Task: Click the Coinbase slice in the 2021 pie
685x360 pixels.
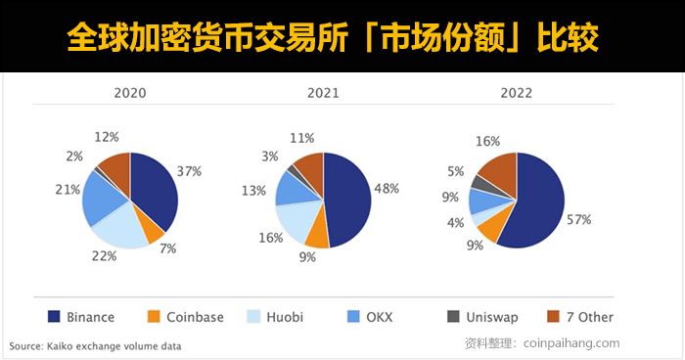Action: coord(316,231)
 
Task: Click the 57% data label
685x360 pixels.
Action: coord(578,219)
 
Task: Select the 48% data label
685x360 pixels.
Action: coord(386,188)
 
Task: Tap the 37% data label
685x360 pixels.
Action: coord(189,170)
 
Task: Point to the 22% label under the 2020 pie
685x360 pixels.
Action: coord(105,255)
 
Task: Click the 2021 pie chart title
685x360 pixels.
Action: coord(322,94)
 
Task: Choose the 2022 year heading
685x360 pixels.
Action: coord(516,94)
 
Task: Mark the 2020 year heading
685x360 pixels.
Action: coord(130,94)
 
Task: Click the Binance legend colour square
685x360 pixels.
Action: coord(54,317)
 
